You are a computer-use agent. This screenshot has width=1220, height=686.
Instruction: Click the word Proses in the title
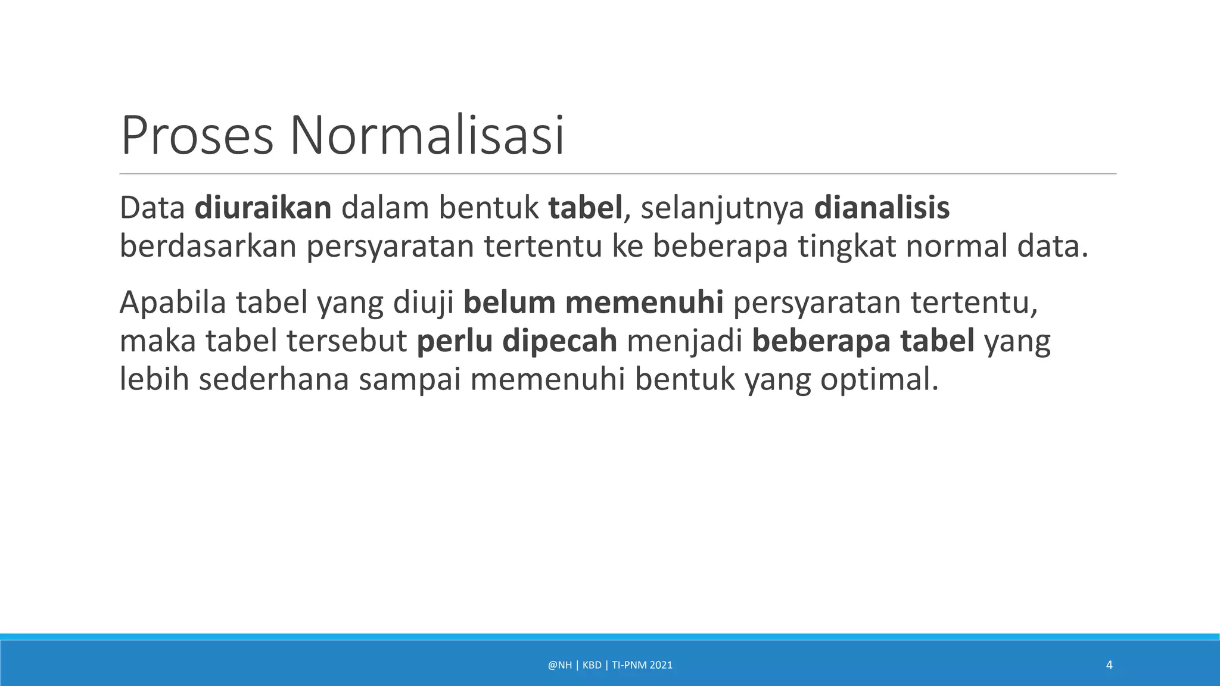[197, 136]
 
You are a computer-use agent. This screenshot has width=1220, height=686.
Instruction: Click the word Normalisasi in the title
[427, 136]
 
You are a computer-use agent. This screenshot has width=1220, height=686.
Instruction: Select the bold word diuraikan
[263, 208]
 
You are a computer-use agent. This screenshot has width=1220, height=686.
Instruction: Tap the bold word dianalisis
[882, 208]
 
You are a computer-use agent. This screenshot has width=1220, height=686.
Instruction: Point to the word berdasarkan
[208, 246]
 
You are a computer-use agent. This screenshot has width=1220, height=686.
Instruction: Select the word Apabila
[173, 303]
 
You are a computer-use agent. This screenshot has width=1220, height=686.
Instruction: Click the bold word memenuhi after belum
[644, 303]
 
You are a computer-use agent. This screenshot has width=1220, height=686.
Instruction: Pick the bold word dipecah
[559, 341]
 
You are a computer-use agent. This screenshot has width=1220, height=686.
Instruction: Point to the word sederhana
[273, 379]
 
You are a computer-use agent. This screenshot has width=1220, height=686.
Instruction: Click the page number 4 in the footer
[1109, 665]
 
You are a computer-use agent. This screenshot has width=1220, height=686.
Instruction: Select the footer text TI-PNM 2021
[642, 665]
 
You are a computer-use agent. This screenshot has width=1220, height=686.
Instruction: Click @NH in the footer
[559, 665]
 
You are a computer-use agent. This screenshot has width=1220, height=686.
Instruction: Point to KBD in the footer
[592, 665]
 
